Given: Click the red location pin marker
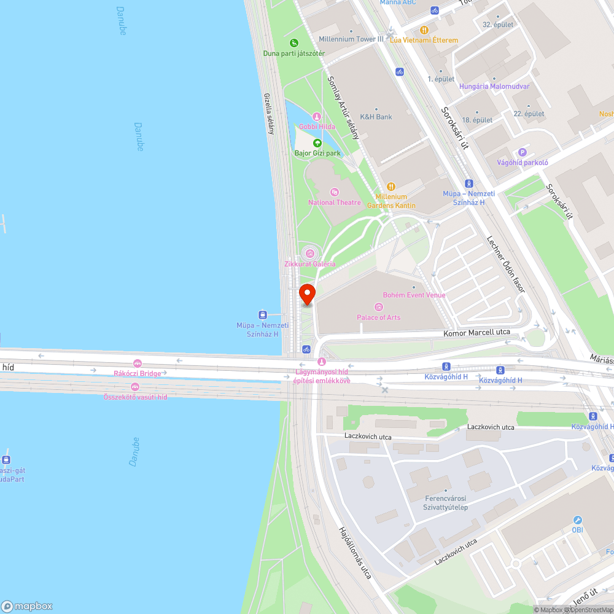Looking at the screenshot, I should click(307, 293).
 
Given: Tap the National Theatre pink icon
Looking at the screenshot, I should click(335, 193).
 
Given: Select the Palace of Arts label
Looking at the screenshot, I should click(378, 317).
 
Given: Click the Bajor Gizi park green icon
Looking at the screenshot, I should click(317, 143).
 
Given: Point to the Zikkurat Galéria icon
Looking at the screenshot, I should click(310, 252).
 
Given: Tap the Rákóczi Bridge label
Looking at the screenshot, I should click(138, 373).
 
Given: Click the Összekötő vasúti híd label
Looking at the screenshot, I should click(135, 397).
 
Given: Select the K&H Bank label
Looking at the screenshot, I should click(376, 117).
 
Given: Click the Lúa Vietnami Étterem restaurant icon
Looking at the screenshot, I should click(424, 30).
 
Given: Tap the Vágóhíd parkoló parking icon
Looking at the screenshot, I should click(523, 152).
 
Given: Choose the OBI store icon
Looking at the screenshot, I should click(577, 519).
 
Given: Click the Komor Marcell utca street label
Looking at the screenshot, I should click(477, 332).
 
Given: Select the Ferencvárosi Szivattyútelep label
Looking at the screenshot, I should click(446, 502).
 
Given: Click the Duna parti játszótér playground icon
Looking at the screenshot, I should click(294, 43).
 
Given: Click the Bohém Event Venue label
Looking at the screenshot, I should click(414, 295).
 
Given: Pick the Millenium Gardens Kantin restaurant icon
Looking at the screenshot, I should click(391, 187).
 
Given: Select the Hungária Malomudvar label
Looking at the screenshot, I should click(494, 87).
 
